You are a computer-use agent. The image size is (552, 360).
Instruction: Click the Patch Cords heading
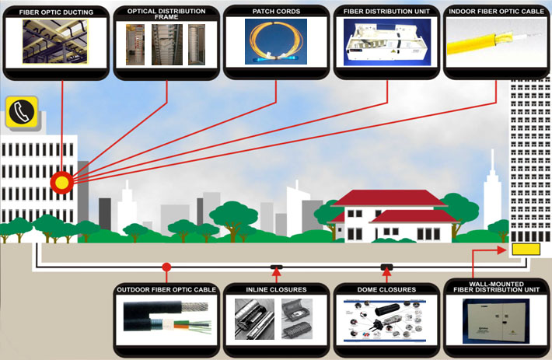pos(275,12)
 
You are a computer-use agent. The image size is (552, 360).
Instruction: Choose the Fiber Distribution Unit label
pos(386,12)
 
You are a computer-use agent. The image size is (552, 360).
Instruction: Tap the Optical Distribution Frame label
pos(167,14)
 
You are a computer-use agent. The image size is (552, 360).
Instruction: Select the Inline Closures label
pos(276,290)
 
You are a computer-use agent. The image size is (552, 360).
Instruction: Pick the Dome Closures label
pos(386,290)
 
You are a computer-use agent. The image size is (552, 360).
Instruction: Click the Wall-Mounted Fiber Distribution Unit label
pos(497,288)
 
